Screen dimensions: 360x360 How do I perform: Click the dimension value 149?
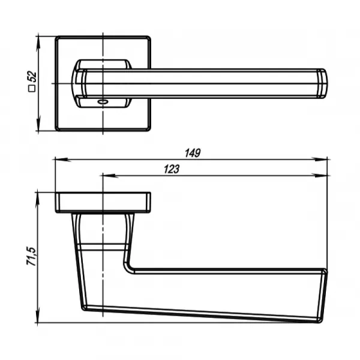coord(193,153)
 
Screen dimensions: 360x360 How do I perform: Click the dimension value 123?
coord(172,169)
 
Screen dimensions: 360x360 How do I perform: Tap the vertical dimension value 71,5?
coord(31,256)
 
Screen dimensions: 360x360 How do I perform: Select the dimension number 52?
coord(32,77)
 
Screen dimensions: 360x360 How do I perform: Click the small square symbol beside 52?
coord(32,88)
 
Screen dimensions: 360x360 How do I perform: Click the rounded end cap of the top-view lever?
coord(322,83)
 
